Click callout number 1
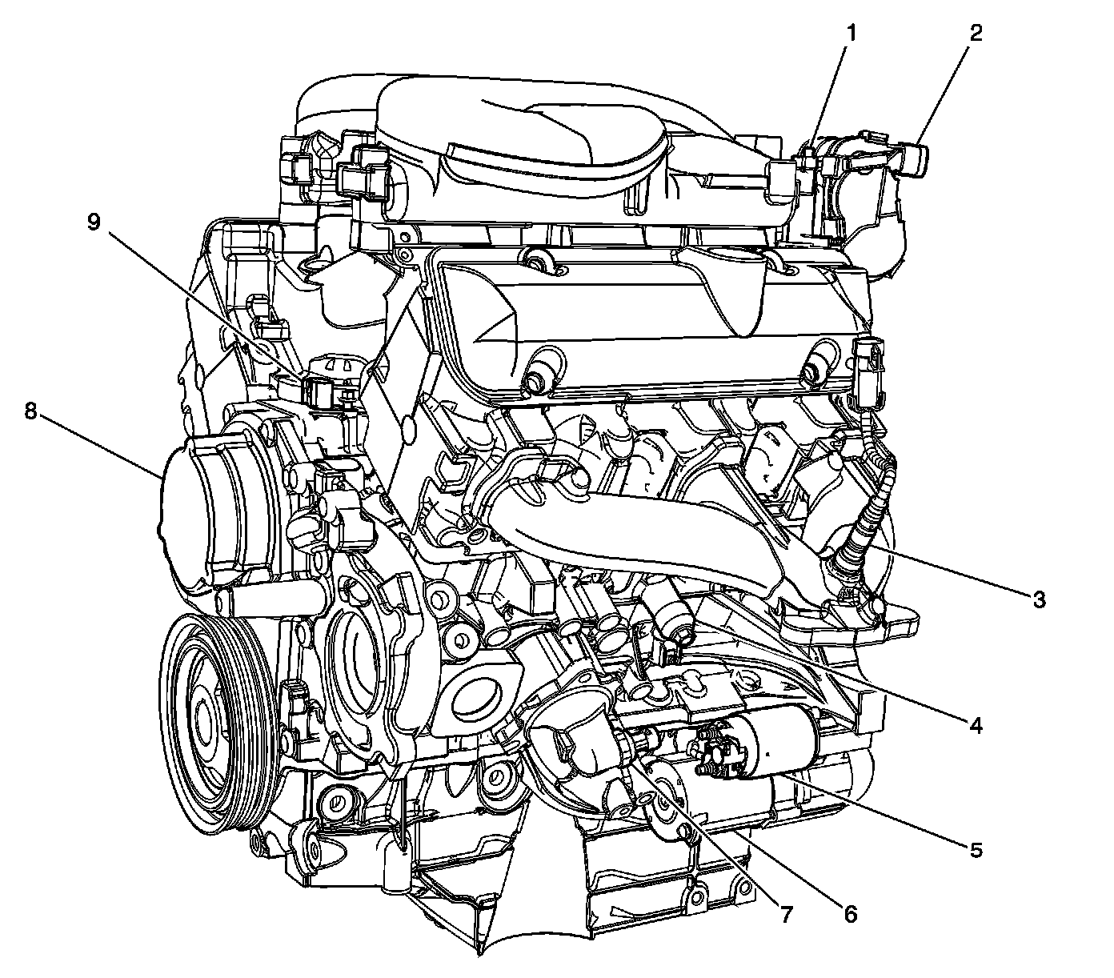click(852, 34)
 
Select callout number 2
click(975, 34)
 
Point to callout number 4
click(975, 725)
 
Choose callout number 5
click(975, 850)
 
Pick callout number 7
click(787, 912)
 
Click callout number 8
click(31, 411)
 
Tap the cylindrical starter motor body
click(776, 744)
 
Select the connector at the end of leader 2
click(912, 158)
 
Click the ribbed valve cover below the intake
click(640, 320)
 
